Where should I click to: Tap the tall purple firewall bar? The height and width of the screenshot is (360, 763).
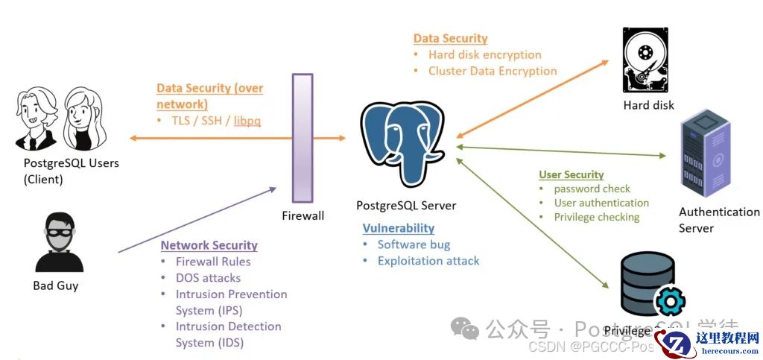click(303, 138)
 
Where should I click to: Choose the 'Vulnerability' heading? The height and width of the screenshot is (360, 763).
click(398, 228)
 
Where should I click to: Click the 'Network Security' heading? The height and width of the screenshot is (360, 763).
click(209, 245)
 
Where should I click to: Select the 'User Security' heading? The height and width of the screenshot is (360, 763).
click(571, 174)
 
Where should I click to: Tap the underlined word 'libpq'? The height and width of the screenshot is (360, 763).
click(247, 121)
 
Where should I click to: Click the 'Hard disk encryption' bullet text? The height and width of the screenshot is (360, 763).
click(484, 54)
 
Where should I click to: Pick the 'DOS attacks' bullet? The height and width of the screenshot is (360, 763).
click(208, 277)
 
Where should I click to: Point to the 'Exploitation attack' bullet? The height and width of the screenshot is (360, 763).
click(428, 261)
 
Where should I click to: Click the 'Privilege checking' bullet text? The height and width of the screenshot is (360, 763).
click(596, 217)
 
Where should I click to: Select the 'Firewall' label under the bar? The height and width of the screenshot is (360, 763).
click(303, 215)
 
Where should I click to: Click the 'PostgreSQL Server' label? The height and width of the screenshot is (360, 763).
click(406, 206)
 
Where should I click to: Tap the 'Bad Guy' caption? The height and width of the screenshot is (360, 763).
click(56, 285)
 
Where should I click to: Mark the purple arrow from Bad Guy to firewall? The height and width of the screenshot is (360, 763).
click(197, 219)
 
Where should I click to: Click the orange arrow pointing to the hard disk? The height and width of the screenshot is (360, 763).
click(534, 98)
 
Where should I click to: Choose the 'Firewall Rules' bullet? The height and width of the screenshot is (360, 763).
click(213, 262)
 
